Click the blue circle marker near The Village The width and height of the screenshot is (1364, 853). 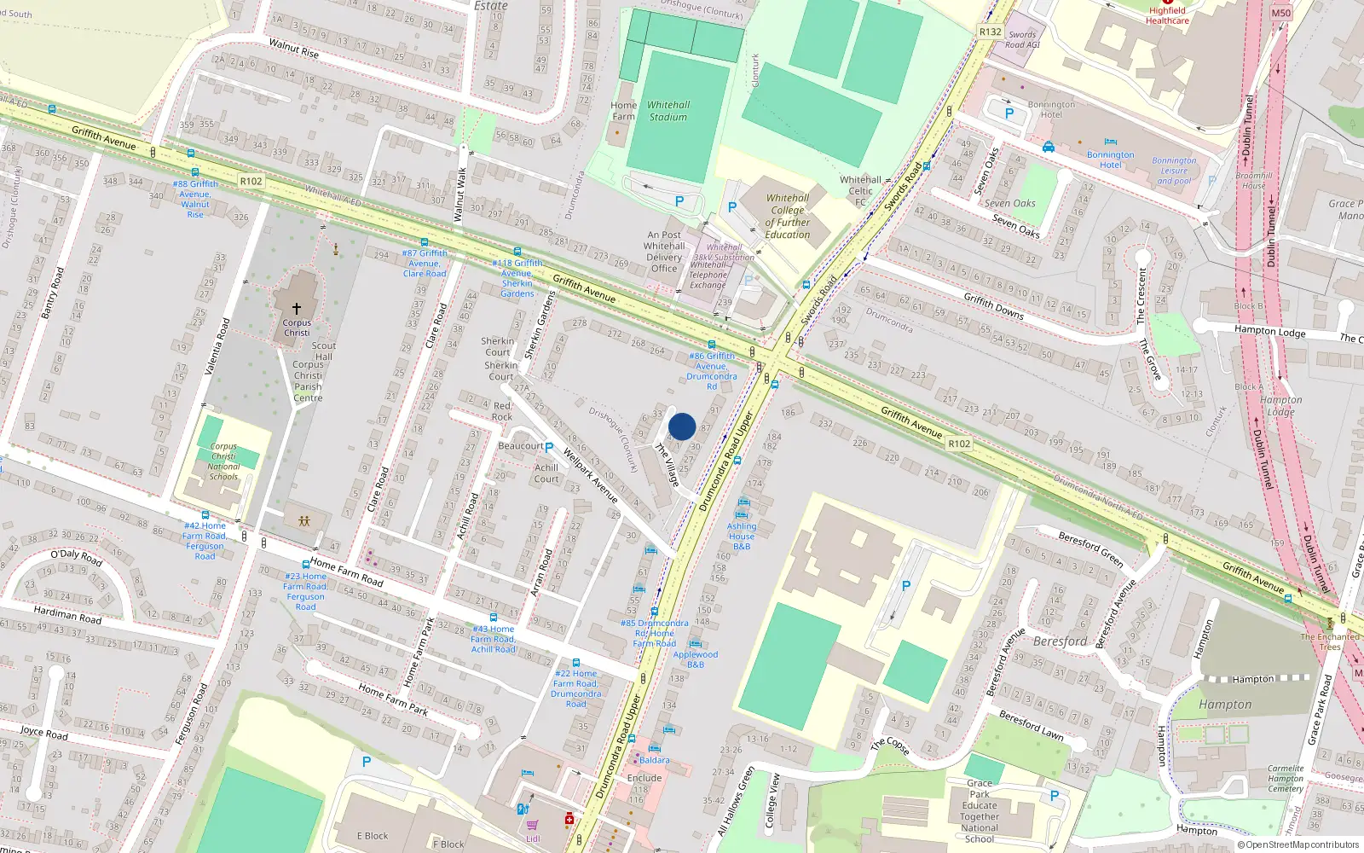[682, 426]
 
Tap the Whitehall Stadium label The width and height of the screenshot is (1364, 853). [668, 111]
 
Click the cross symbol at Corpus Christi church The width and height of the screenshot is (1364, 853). [297, 308]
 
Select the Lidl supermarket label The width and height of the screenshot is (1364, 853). [533, 838]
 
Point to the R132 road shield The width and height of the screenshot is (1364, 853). [990, 32]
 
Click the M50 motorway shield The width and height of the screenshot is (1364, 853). [1280, 13]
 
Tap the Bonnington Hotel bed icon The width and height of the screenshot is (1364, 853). [1110, 142]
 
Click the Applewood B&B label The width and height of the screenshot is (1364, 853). [696, 659]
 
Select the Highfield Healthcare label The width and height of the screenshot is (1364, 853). [1167, 16]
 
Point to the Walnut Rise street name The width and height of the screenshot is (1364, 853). [293, 48]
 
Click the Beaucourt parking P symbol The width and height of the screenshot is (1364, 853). [549, 446]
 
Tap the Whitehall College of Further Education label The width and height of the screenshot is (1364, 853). [788, 216]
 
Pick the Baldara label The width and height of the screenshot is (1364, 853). [654, 760]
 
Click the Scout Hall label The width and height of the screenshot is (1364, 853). [324, 351]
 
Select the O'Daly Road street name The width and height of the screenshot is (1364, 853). [76, 558]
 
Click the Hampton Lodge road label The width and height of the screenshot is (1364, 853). [1269, 331]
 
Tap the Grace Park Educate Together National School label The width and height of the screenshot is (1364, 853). [980, 810]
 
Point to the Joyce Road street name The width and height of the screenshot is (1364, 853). [44, 734]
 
